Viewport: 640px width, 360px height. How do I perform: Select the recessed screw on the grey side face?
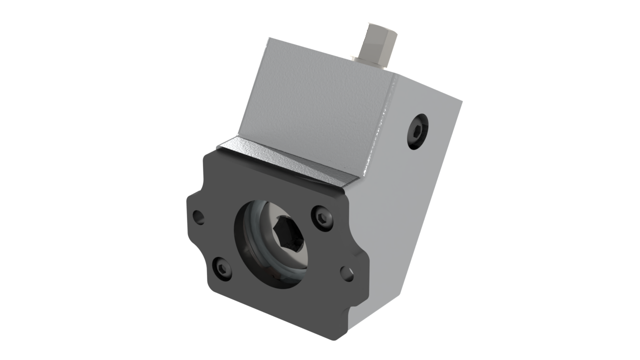[418, 131]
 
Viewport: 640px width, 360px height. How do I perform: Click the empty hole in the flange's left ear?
[198, 216]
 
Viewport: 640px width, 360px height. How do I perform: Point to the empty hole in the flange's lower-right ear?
[347, 273]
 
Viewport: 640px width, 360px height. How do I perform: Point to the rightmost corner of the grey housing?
[462, 102]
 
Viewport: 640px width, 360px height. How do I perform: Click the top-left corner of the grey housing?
[268, 37]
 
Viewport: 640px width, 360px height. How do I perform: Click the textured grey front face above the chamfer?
[315, 110]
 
